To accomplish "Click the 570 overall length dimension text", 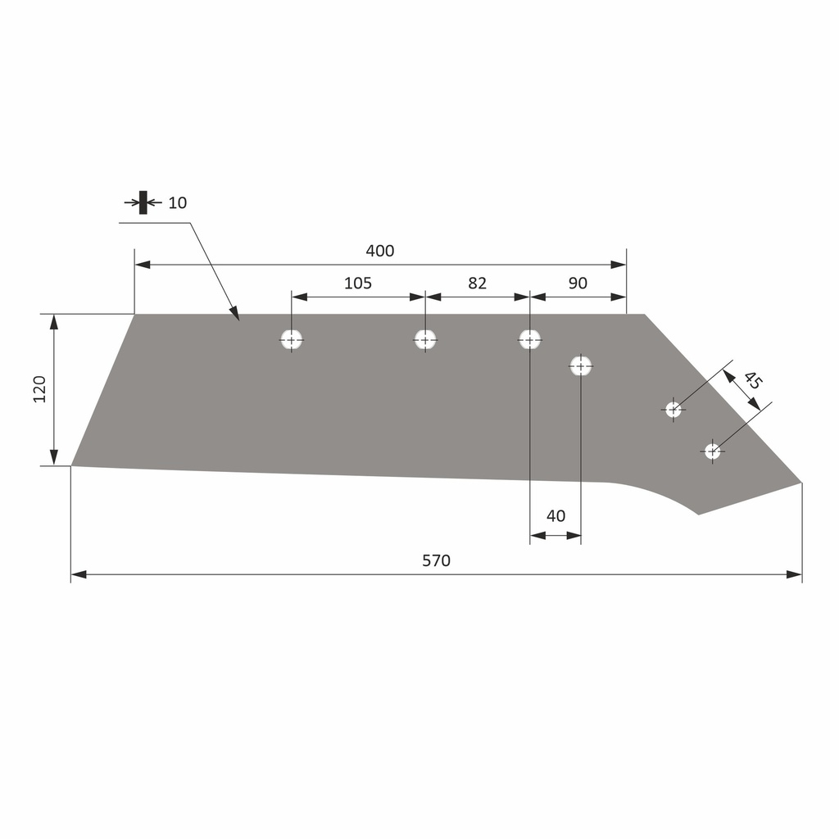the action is tap(436, 560).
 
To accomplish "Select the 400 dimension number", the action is tap(380, 251).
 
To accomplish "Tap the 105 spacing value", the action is tap(357, 283).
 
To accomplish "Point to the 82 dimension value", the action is tap(478, 283).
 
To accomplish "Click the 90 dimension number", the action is tap(578, 283).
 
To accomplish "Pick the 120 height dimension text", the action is tap(39, 389).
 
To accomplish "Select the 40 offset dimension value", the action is tap(556, 516).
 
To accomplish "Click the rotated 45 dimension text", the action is tap(752, 380).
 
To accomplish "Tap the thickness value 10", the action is tap(178, 203).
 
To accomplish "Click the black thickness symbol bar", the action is tap(143, 202).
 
